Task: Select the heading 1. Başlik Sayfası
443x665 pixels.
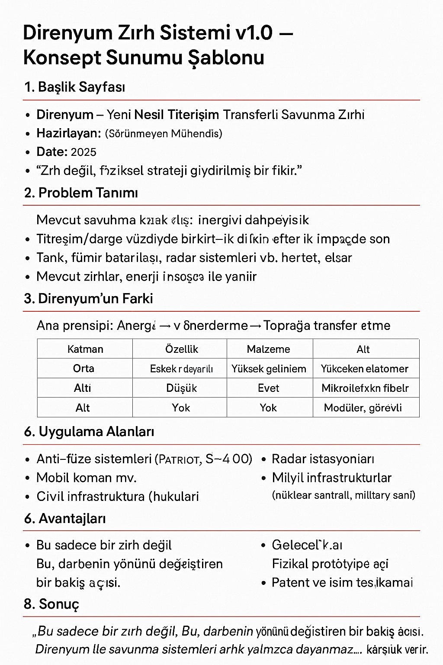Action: [x=75, y=87]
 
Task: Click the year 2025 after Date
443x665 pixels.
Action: [x=83, y=152]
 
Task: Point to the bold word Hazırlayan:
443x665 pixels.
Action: [x=68, y=133]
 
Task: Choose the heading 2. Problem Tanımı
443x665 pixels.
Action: [x=81, y=193]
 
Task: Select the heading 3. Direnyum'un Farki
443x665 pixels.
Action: [x=88, y=299]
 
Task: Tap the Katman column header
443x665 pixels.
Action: [x=85, y=349]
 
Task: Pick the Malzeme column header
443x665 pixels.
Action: [x=268, y=349]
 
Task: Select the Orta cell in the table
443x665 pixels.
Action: [x=83, y=368]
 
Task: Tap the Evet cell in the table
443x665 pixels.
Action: [x=268, y=388]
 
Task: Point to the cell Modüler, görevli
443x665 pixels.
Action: [x=363, y=408]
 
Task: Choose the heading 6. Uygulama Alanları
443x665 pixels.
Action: [x=89, y=432]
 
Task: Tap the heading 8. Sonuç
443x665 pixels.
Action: [x=51, y=604]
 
